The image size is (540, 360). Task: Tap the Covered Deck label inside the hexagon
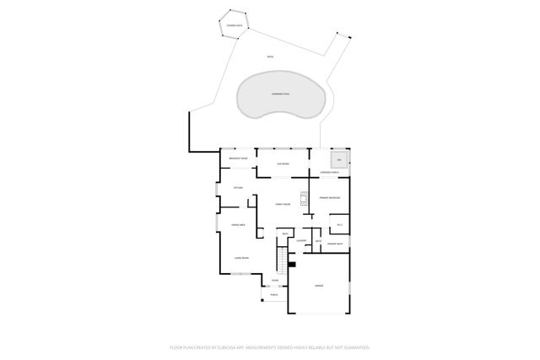(x=233, y=27)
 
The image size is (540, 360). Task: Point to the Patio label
(x=270, y=56)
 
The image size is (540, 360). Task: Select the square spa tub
(x=338, y=159)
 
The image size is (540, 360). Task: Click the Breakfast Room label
(x=238, y=159)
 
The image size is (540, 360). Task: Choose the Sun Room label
(x=283, y=164)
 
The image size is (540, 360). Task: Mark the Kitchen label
(x=239, y=187)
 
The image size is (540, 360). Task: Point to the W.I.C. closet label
(x=338, y=224)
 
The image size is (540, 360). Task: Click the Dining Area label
(x=238, y=225)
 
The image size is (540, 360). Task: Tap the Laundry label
(x=300, y=240)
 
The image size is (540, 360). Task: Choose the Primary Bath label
(x=334, y=244)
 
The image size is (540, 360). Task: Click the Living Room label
(x=240, y=258)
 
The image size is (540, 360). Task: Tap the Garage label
(x=319, y=286)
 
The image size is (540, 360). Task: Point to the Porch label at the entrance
(x=274, y=295)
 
